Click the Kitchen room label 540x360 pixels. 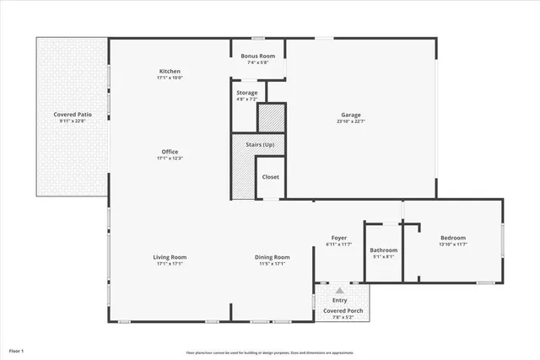coord(170,72)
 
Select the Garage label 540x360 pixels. coord(351,115)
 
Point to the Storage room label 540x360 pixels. coord(247,93)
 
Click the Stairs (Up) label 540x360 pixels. coord(260,145)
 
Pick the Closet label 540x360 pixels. coord(270,177)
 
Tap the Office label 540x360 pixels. coord(170,152)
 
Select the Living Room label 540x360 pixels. coord(170,257)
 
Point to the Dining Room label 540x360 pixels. coord(273,257)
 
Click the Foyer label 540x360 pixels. coord(339,238)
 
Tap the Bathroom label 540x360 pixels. coord(383,250)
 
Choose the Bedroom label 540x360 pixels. coord(453,238)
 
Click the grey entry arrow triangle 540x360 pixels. coord(340,289)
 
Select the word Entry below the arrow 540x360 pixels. coord(340,300)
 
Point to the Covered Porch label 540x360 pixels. coord(343,311)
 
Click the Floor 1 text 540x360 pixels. coord(17,350)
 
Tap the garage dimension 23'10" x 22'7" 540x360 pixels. coord(351,121)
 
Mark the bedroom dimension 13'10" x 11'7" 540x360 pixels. coord(453,244)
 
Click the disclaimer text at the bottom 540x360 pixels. coord(270,352)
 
